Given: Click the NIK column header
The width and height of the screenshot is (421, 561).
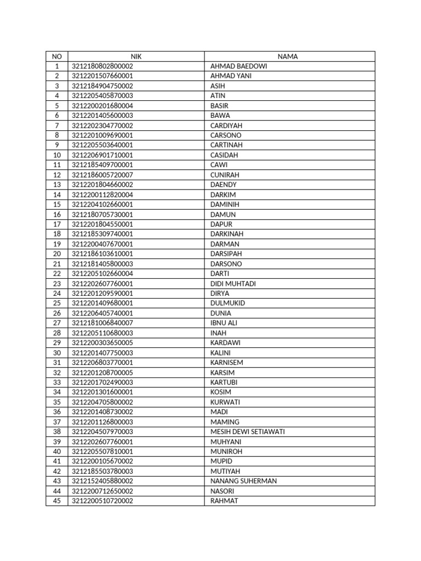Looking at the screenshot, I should (136, 56).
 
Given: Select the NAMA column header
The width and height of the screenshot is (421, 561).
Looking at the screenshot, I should (288, 56).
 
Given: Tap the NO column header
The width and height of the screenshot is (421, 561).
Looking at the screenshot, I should (57, 56).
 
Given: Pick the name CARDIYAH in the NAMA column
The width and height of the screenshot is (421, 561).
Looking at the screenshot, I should (226, 125).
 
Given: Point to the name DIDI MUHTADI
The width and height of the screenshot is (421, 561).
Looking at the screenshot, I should (233, 284).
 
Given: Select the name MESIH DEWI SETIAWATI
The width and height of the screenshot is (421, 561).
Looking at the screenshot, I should (247, 432).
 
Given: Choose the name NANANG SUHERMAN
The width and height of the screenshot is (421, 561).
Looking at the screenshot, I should (243, 481).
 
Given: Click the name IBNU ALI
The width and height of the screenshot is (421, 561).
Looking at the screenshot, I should (224, 323).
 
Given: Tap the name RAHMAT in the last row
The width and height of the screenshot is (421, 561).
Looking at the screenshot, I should (224, 501).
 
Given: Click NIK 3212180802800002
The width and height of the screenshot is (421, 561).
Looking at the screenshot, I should (103, 66).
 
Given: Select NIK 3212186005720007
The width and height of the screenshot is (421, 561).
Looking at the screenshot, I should (103, 175).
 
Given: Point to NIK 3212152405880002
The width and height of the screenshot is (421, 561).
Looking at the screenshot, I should (103, 481).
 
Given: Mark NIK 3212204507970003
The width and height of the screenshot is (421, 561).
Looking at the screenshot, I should (103, 432).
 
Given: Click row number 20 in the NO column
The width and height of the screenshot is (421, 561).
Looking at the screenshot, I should (57, 254).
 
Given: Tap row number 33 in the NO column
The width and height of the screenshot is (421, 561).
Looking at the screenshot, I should (57, 382).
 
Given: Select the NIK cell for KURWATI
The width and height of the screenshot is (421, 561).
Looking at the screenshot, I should (103, 402).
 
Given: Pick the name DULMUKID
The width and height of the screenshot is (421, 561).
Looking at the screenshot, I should (227, 304).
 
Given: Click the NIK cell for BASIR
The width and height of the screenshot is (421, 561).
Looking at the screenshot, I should (103, 106).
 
